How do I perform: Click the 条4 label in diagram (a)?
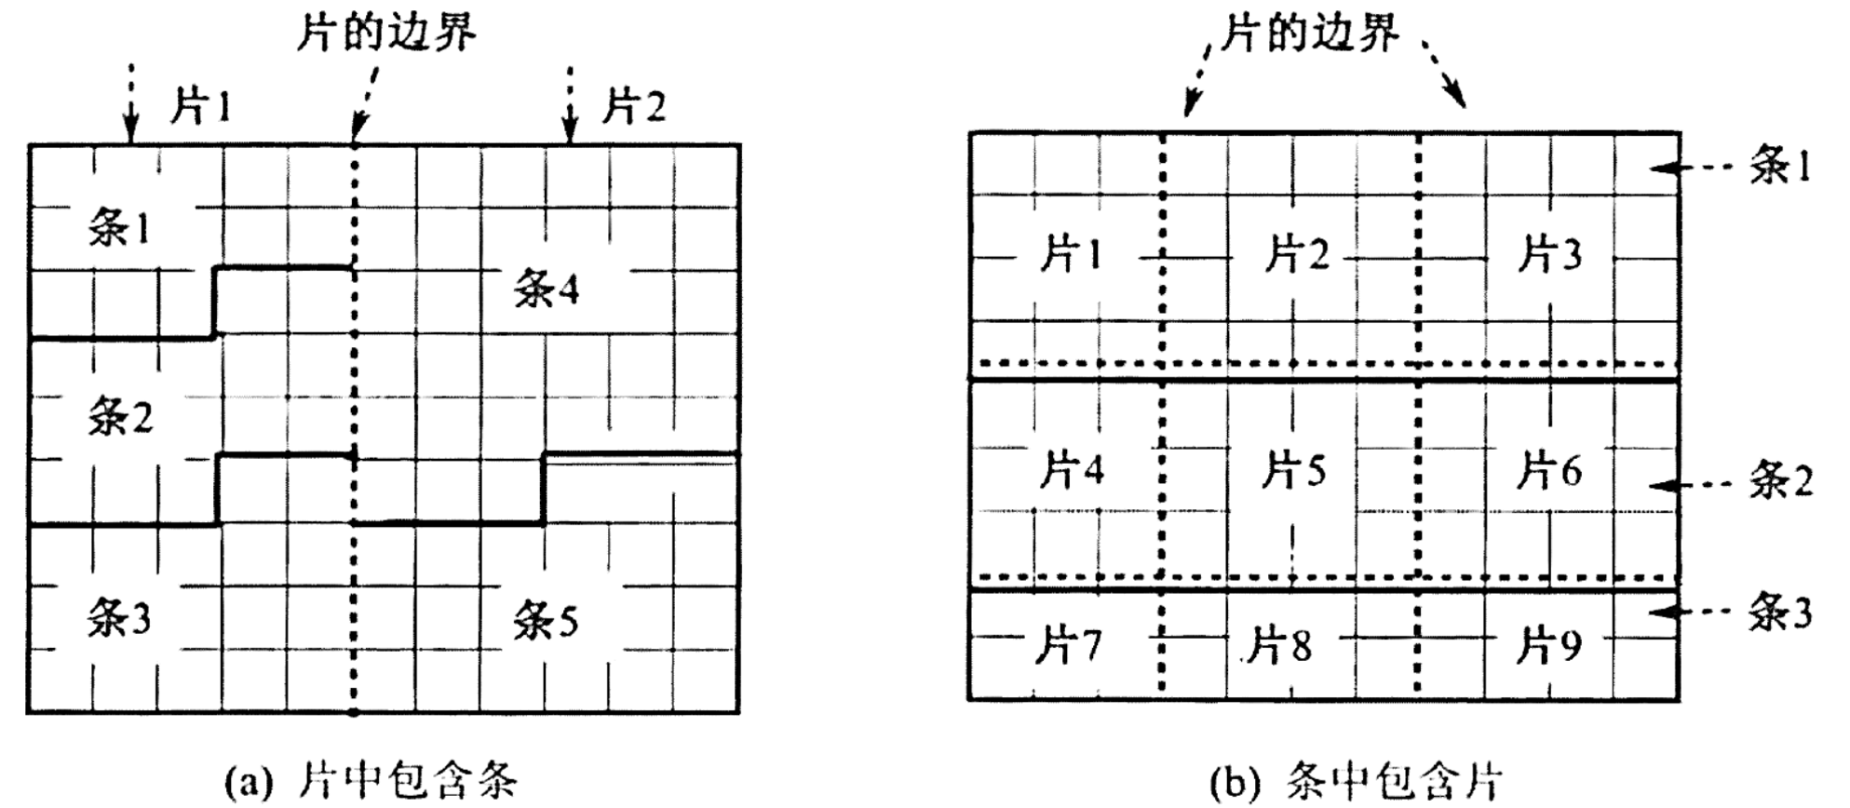[x=547, y=290]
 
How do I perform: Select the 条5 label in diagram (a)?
[x=546, y=620]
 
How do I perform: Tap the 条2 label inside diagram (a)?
[x=120, y=416]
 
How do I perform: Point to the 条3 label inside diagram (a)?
[x=118, y=617]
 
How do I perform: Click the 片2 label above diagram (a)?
[x=633, y=106]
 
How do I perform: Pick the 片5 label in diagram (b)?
[x=1293, y=471]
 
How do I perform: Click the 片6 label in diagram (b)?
[x=1548, y=471]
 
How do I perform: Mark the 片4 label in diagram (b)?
[x=1072, y=471]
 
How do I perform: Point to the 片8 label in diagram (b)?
[x=1279, y=645]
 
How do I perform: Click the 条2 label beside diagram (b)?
[x=1780, y=482]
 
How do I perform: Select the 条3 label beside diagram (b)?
[x=1779, y=613]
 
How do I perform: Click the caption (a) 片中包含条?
[x=371, y=780]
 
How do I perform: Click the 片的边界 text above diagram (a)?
[x=385, y=32]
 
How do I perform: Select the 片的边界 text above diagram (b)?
[x=1309, y=34]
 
